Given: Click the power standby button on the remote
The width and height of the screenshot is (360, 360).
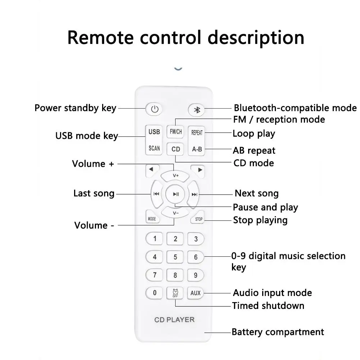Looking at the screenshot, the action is pyautogui.click(x=154, y=109).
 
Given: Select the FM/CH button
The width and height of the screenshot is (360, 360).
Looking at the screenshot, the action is pyautogui.click(x=176, y=132).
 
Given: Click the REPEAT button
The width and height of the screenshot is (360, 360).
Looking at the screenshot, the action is pyautogui.click(x=197, y=132).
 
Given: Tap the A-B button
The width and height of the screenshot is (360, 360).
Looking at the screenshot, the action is pyautogui.click(x=197, y=149).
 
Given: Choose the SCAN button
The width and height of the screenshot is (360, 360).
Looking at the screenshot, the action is pyautogui.click(x=154, y=148).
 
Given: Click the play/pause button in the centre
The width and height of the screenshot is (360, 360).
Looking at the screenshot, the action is pyautogui.click(x=176, y=194).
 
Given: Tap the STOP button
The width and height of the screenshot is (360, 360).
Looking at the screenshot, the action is pyautogui.click(x=199, y=219).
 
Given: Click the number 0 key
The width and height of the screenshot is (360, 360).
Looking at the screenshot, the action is pyautogui.click(x=155, y=293).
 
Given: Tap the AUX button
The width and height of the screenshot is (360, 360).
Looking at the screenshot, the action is pyautogui.click(x=196, y=293).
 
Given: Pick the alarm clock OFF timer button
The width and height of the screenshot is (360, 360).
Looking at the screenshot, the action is pyautogui.click(x=176, y=293).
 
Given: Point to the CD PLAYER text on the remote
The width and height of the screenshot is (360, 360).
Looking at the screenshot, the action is pyautogui.click(x=174, y=319).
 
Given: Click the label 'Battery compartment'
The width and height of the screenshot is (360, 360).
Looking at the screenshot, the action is pyautogui.click(x=278, y=332).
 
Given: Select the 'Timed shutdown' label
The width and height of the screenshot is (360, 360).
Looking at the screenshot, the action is pyautogui.click(x=268, y=306).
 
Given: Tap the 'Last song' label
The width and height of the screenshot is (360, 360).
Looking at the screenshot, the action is pyautogui.click(x=94, y=193).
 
